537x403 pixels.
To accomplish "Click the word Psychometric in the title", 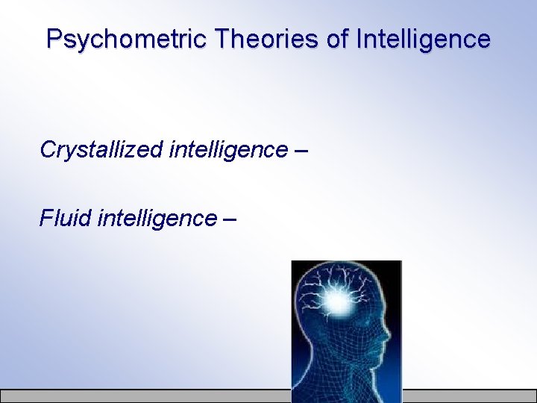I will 127,39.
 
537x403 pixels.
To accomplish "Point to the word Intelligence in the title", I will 423,39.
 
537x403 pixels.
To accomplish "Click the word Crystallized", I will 101,150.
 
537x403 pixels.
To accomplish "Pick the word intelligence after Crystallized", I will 228,150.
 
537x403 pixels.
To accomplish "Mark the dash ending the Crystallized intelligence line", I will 301,151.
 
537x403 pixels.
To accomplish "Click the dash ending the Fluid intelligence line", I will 229,219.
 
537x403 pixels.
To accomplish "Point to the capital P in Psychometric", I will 54,39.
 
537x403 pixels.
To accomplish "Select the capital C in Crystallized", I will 48,150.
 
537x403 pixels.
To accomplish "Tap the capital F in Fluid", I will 45,219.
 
